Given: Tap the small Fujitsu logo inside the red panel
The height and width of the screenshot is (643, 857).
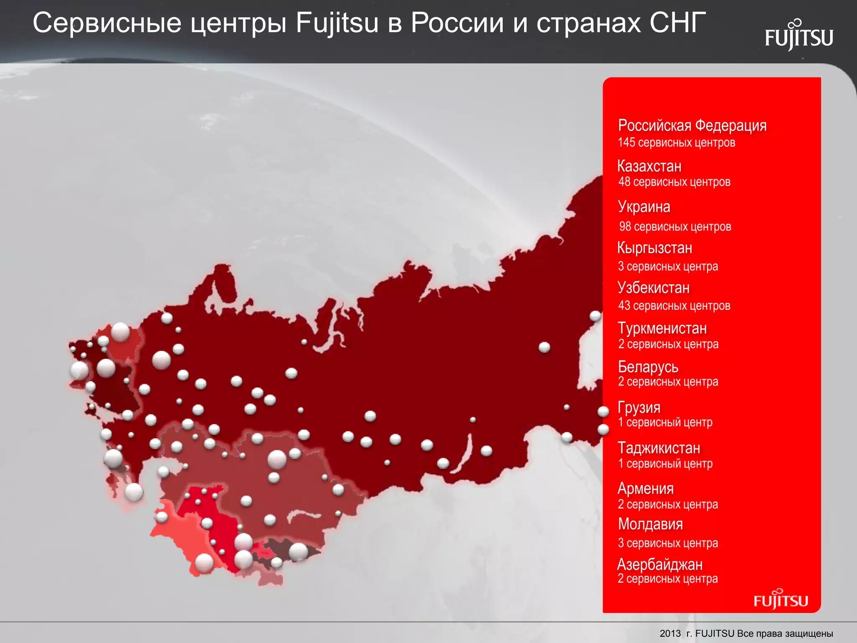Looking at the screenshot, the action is [781, 600].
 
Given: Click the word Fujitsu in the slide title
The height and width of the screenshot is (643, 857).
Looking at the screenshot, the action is [337, 23].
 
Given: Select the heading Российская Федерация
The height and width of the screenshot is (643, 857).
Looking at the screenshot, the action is [692, 125].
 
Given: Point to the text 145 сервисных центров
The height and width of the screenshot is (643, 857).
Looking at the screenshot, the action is [676, 142].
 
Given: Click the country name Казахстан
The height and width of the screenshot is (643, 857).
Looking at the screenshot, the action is [649, 166].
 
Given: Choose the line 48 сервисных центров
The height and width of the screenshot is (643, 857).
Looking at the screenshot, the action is [674, 182].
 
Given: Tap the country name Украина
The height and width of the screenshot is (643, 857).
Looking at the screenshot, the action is [644, 207].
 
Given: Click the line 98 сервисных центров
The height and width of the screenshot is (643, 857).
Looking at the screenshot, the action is [675, 226].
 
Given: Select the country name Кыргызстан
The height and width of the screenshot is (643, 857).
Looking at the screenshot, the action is [654, 248].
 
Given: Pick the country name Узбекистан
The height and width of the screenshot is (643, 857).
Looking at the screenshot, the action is [654, 288].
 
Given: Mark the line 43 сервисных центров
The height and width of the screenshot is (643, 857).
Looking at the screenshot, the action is [674, 306].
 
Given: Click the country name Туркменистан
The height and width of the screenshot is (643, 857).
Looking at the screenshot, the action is [662, 328].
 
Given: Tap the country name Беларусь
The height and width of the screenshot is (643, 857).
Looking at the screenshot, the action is [648, 367].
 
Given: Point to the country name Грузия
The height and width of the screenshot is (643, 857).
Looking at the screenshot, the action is [639, 407].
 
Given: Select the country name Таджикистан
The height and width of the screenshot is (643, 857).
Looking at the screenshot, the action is [659, 448].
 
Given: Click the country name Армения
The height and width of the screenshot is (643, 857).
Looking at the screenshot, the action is [646, 489].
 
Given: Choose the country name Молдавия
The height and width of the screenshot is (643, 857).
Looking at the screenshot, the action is [650, 524].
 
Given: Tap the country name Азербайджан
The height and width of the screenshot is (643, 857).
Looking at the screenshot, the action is [660, 564].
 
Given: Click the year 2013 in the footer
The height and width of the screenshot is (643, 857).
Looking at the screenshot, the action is [670, 633].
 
